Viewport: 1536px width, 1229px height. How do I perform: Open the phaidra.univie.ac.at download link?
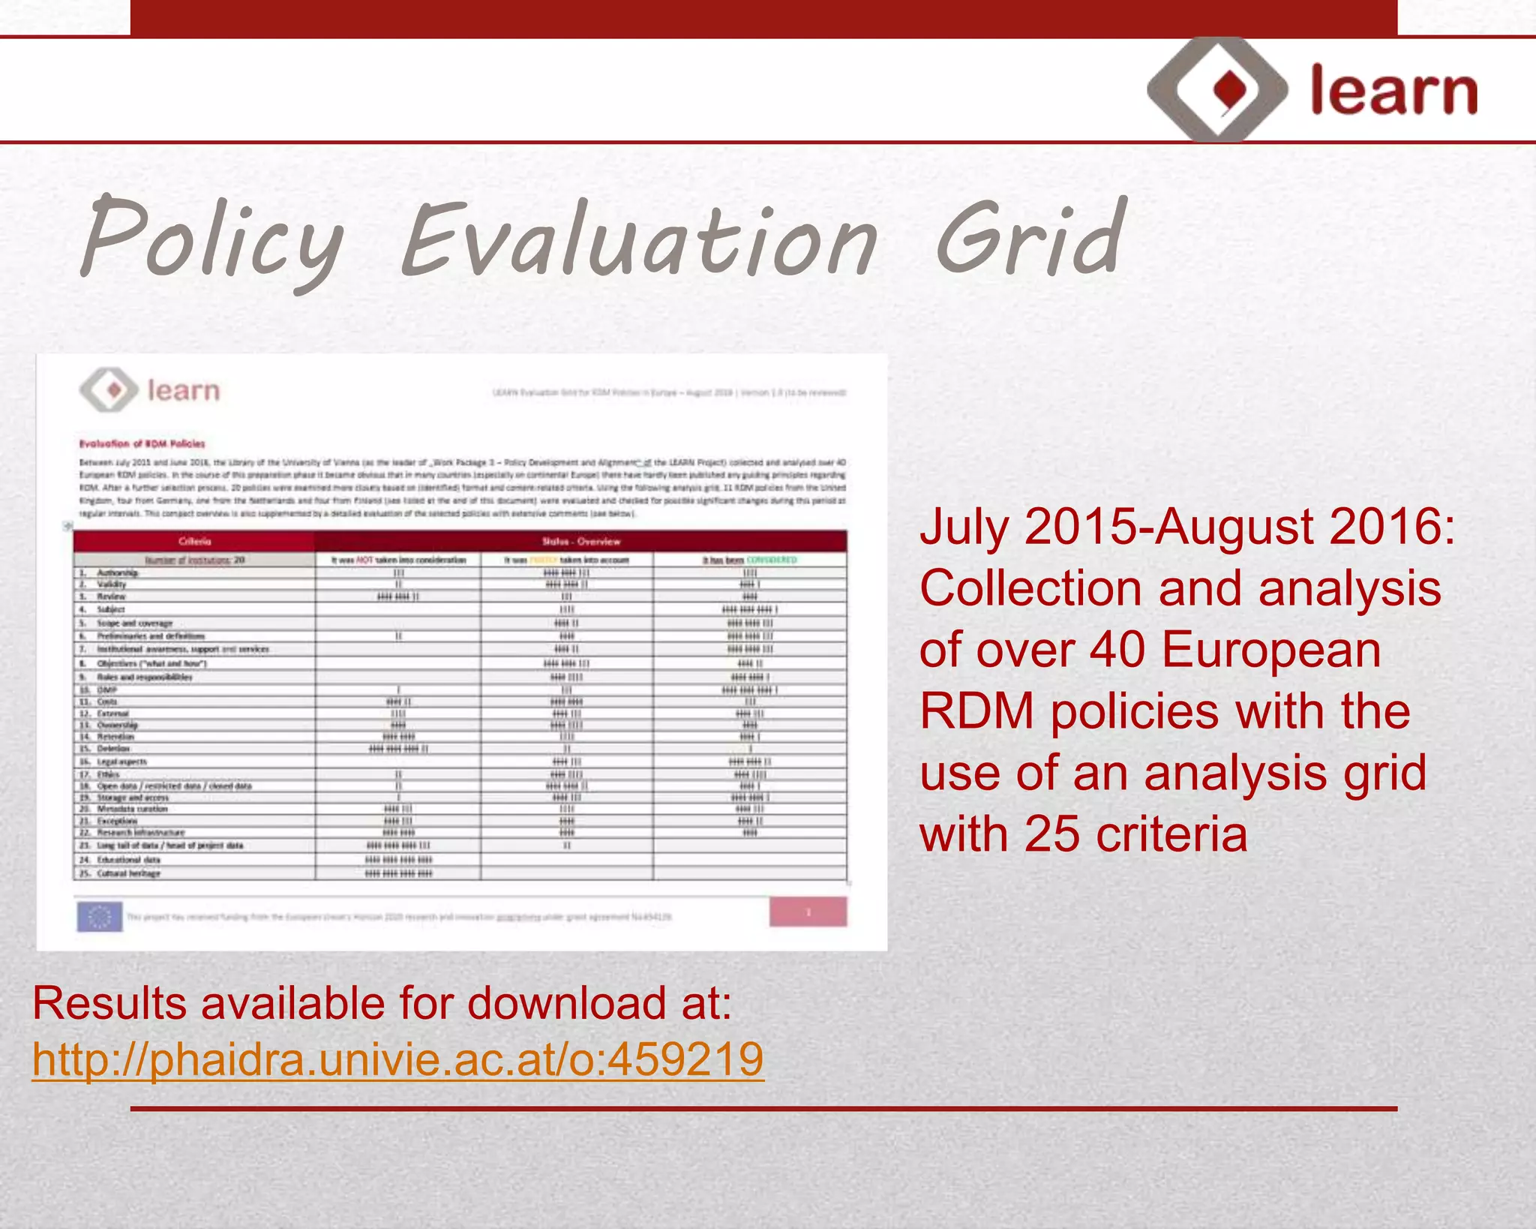point(397,1059)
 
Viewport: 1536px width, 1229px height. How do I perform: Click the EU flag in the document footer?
point(100,916)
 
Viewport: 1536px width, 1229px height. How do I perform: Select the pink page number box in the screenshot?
point(808,912)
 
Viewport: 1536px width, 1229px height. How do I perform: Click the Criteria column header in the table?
point(195,541)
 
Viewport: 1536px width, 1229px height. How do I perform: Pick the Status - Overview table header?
point(581,541)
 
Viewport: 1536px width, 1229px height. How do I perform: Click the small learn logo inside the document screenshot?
point(150,390)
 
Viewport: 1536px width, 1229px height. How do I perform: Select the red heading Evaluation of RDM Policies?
point(142,443)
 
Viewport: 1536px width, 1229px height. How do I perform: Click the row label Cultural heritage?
point(128,873)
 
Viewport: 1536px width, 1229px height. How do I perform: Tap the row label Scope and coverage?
point(135,623)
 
